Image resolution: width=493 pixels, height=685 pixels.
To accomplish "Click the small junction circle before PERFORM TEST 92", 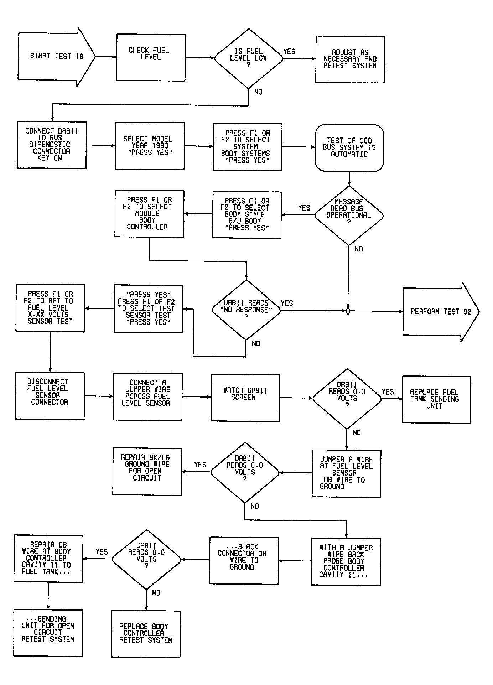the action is coord(348,311).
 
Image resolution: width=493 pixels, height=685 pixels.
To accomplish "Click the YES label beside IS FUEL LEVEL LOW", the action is coord(289,52).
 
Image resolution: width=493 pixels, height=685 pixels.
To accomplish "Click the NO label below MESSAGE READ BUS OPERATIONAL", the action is coord(359,249).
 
